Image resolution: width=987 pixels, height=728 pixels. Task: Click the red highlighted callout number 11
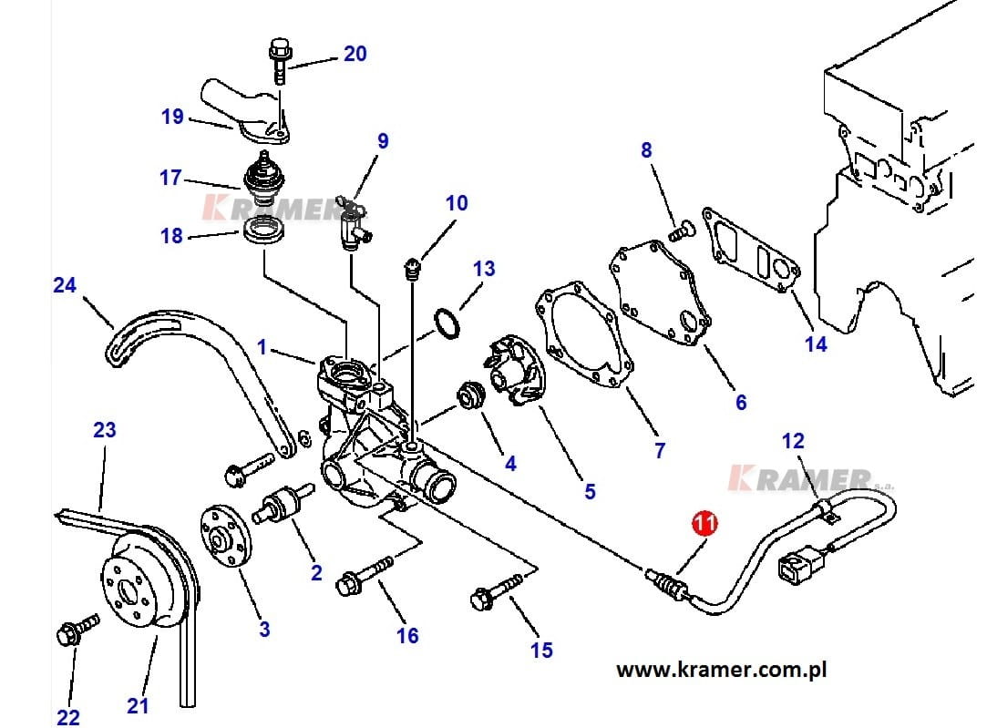(705, 523)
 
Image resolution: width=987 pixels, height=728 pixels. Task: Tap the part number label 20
(355, 54)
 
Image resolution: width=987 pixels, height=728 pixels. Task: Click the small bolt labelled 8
(677, 233)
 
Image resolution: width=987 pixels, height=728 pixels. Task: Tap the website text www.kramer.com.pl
(721, 671)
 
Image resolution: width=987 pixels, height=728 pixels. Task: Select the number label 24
(64, 285)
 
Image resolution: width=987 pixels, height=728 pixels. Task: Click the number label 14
(816, 343)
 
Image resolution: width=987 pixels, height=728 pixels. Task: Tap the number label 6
(741, 401)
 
